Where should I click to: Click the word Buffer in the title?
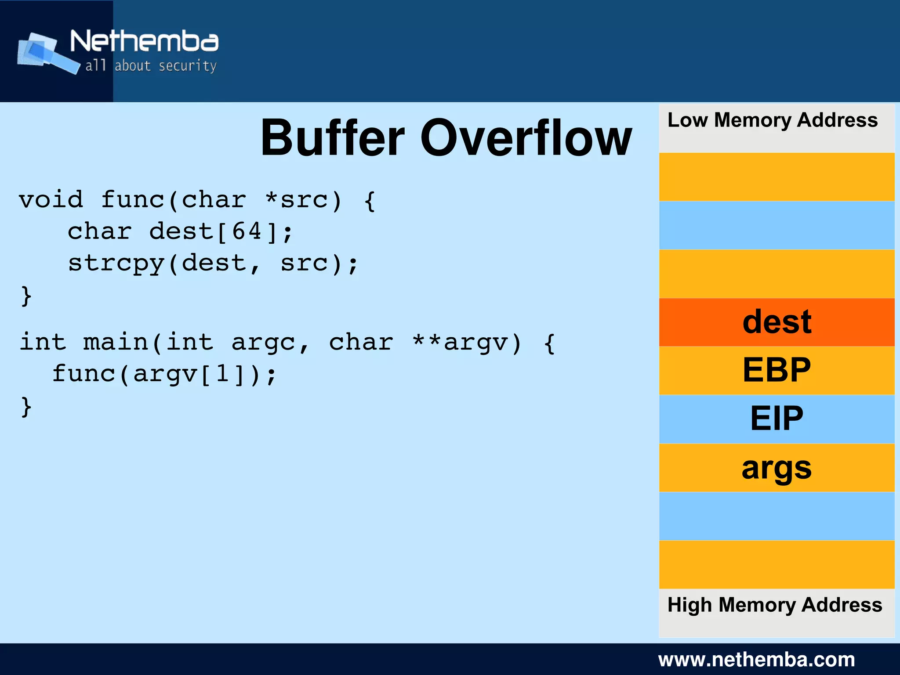[333, 138]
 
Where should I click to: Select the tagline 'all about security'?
[151, 66]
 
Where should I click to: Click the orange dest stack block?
[777, 322]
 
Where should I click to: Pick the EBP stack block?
[777, 371]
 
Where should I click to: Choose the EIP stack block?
[777, 419]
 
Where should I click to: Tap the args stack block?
[777, 468]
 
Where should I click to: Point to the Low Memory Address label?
[772, 120]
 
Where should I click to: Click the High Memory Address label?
[774, 605]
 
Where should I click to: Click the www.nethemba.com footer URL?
[756, 660]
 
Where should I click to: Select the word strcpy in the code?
[116, 264]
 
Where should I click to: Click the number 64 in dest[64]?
[247, 231]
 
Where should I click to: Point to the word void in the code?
[51, 200]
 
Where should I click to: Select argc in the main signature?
[263, 343]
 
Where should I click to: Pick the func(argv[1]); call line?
[164, 374]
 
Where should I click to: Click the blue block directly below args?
[777, 516]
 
